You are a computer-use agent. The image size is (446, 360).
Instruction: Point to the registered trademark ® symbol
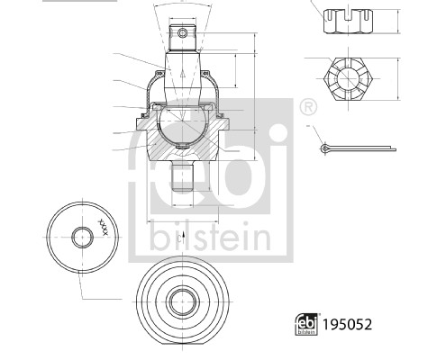click(x=307, y=107)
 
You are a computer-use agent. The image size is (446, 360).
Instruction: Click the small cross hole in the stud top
click(x=184, y=34)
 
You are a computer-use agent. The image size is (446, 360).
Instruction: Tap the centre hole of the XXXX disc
click(x=81, y=238)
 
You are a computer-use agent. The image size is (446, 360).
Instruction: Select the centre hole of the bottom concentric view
click(x=183, y=301)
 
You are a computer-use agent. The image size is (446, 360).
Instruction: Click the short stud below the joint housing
click(x=184, y=175)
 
